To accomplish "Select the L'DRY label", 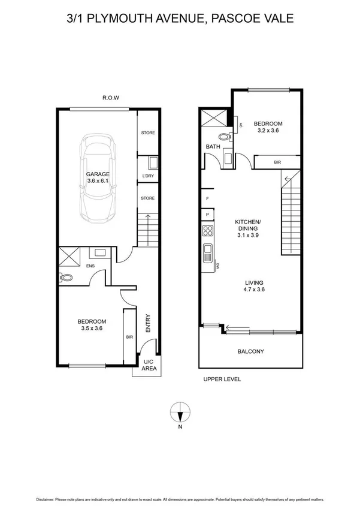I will point(148,176).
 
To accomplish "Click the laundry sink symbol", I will point(152,162).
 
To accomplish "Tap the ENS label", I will point(90,266).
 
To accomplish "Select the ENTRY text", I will point(148,324).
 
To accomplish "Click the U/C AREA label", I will point(149,365).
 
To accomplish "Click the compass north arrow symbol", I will point(180,412).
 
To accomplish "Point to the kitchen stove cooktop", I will point(208,230).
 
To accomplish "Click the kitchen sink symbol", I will point(208,250).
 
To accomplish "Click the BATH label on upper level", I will point(213,146).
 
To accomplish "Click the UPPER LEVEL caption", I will point(221,380).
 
